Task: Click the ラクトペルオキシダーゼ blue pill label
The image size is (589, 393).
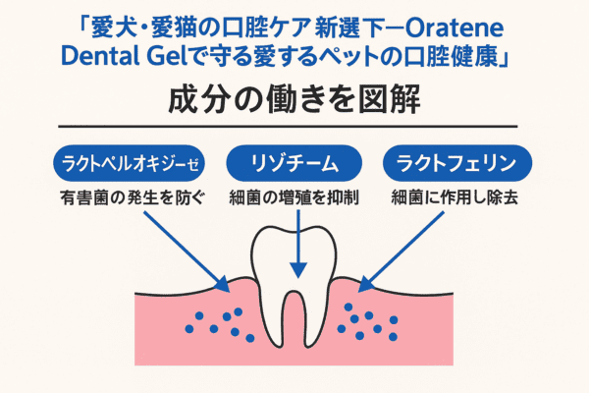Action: click(129, 164)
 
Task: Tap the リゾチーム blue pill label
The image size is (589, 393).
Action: click(294, 164)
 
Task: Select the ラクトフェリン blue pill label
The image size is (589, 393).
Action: click(457, 164)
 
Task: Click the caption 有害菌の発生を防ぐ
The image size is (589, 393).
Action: click(133, 197)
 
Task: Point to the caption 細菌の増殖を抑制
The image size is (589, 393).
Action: click(294, 197)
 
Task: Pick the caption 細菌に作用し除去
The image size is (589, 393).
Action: click(455, 197)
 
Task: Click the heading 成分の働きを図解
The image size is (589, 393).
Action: click(294, 100)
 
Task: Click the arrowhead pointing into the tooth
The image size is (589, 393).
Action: click(298, 270)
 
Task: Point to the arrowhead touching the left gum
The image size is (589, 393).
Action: click(223, 284)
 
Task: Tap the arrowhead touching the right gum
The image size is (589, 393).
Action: click(366, 284)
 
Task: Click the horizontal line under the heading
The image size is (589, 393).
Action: click(288, 127)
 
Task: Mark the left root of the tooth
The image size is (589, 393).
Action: click(274, 319)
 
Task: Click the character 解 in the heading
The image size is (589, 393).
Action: click(405, 100)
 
